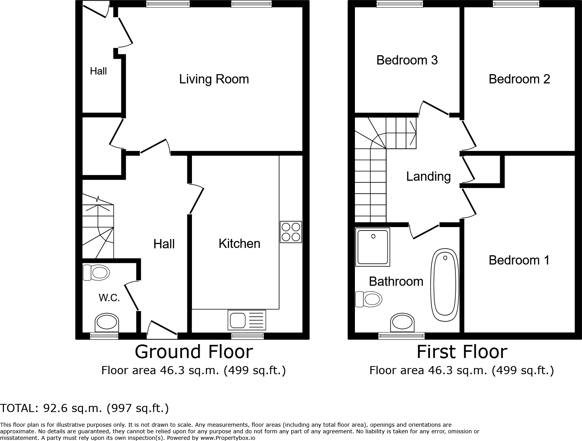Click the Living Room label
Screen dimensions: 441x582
tap(214, 79)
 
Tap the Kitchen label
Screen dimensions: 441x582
tap(239, 244)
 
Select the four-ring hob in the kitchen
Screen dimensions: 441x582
tap(291, 232)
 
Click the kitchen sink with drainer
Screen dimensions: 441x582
tap(247, 320)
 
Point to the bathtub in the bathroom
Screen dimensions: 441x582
tap(445, 285)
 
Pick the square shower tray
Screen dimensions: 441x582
tap(373, 247)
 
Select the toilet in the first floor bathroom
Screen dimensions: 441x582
tap(369, 299)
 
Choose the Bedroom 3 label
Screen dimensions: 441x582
tap(407, 60)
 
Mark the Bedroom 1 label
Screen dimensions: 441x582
tap(519, 260)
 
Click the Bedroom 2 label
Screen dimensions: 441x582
tap(519, 79)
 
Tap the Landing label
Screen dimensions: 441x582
tap(428, 176)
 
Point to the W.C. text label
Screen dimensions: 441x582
tap(109, 298)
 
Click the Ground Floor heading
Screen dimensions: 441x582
tap(193, 352)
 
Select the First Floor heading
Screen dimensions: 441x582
tap(462, 352)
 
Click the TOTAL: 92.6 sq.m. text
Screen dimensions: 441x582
tap(85, 408)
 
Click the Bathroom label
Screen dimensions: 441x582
tap(396, 282)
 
